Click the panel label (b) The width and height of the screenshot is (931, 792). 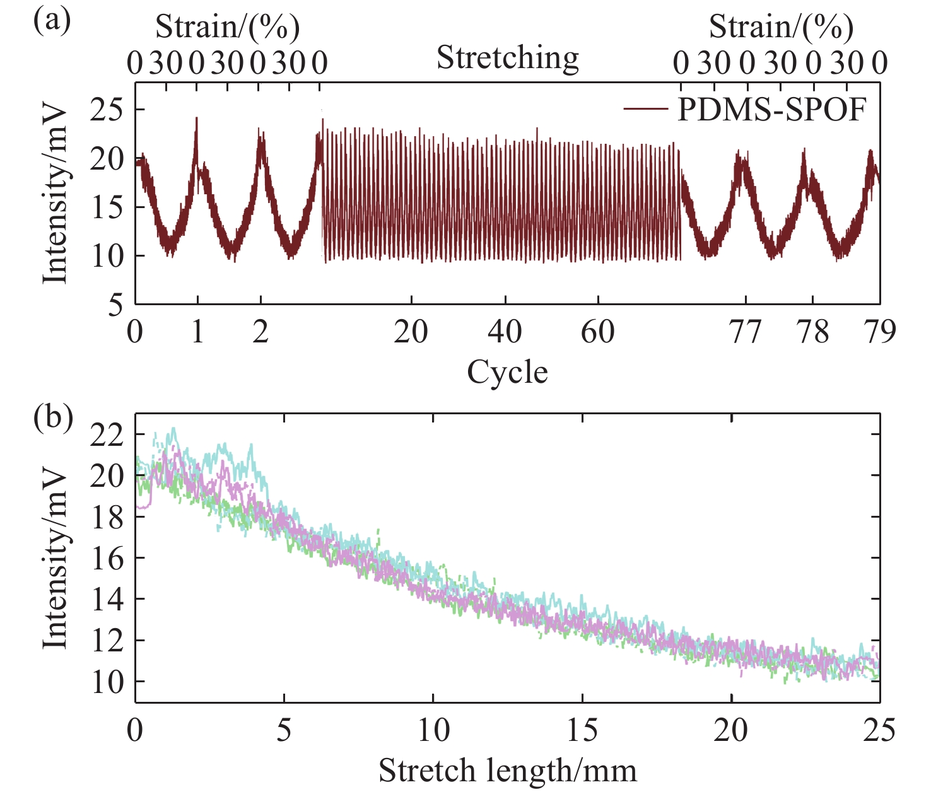(52, 418)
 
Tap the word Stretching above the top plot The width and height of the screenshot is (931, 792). (508, 59)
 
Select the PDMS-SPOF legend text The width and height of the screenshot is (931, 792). (772, 110)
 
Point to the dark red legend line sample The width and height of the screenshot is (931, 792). (645, 110)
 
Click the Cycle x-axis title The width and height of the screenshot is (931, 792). (507, 372)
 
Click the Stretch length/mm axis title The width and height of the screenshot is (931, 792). (507, 771)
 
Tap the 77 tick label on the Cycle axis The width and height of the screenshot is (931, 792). (746, 332)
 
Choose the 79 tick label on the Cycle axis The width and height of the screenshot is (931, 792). (879, 332)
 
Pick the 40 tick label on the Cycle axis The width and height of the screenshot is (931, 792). (505, 332)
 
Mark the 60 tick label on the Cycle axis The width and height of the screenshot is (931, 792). (597, 332)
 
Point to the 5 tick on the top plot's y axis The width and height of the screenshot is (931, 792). (115, 305)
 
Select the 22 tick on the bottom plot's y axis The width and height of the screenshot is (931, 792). (107, 435)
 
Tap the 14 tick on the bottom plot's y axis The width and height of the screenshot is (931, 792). (107, 600)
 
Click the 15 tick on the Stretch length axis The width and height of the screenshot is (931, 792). (582, 731)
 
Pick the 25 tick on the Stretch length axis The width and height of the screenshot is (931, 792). (879, 731)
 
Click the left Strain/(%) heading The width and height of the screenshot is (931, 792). (227, 27)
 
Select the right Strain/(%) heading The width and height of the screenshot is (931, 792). (781, 27)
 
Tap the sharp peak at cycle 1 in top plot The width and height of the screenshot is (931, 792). (197, 119)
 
